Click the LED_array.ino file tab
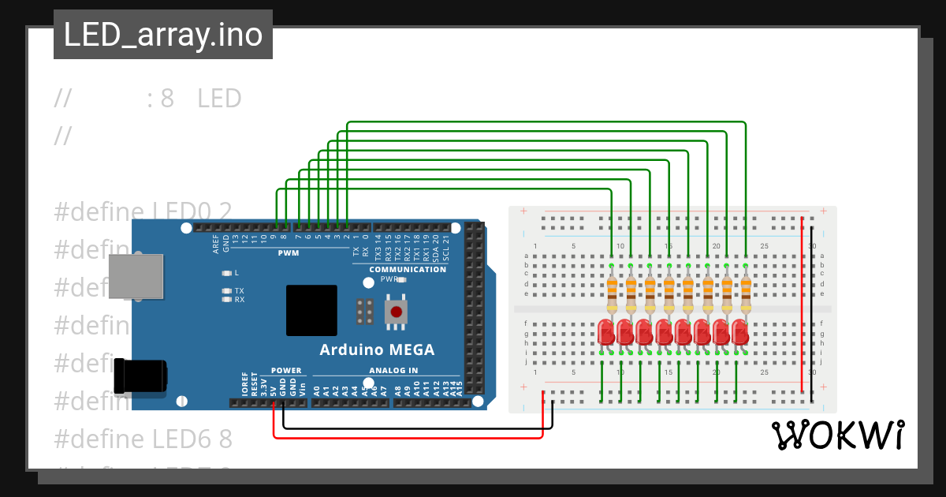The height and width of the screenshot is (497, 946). [162, 35]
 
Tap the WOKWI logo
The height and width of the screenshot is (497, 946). [837, 435]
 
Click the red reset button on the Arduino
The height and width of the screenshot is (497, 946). [396, 312]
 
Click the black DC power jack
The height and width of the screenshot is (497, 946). [140, 376]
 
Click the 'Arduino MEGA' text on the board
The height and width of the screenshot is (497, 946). [377, 349]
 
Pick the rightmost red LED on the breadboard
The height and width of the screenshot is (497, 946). [739, 331]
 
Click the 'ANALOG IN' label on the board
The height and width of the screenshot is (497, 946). [393, 370]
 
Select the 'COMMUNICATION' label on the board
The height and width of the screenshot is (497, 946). [408, 269]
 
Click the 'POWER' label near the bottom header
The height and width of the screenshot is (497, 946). [286, 370]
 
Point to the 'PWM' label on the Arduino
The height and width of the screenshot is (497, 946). [288, 253]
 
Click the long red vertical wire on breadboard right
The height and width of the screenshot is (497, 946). [803, 304]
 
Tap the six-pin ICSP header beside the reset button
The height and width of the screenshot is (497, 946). [364, 312]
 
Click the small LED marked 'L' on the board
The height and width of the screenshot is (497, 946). [226, 273]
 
